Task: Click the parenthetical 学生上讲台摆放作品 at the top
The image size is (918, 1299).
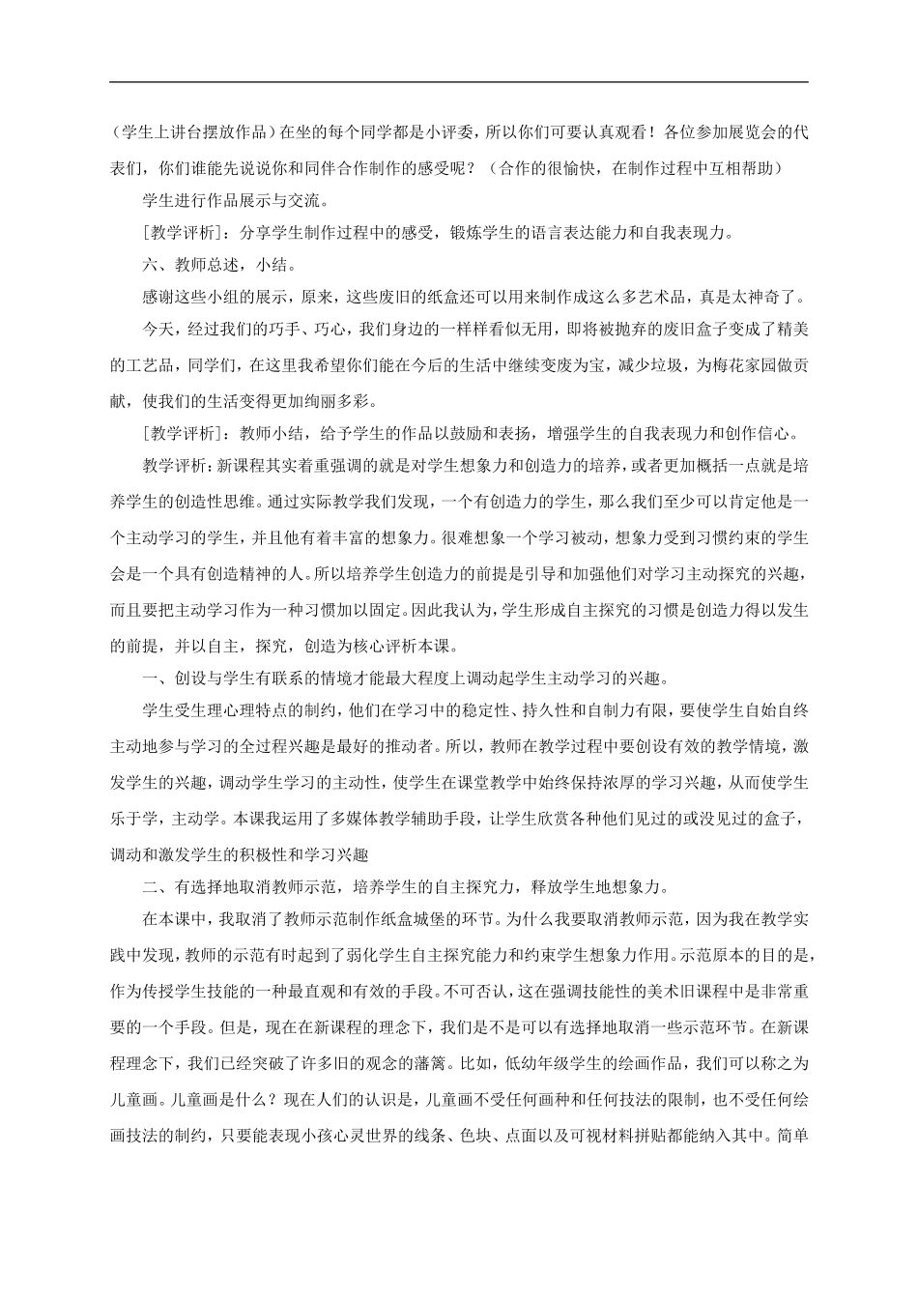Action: (188, 133)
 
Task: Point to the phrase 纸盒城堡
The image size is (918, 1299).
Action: (448, 919)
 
